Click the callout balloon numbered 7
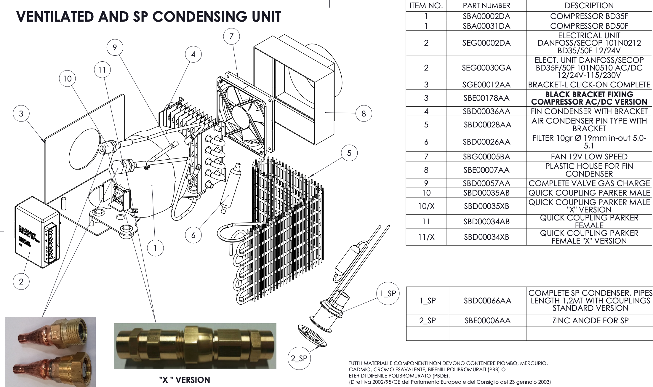(231, 36)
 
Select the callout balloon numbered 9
(115, 47)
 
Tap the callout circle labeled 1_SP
(388, 293)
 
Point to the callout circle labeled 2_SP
(299, 358)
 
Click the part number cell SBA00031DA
(486, 26)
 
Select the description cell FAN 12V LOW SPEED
(589, 156)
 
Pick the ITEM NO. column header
(426, 6)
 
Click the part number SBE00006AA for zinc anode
(487, 320)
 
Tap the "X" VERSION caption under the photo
(184, 380)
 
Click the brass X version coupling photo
(195, 346)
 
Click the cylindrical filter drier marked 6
(231, 187)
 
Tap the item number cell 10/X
(426, 206)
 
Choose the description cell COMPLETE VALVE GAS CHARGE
(589, 183)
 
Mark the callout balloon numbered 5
(349, 153)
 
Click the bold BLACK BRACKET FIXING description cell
(589, 98)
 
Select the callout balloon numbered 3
(21, 113)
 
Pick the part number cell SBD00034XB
(486, 237)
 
